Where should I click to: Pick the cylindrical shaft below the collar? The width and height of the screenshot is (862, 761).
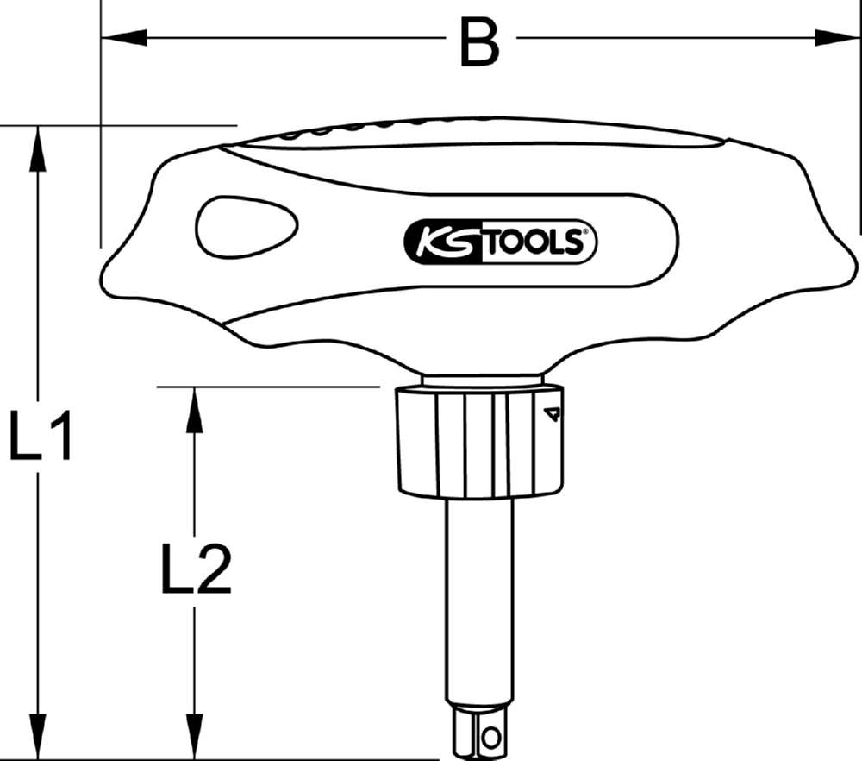(x=479, y=595)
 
